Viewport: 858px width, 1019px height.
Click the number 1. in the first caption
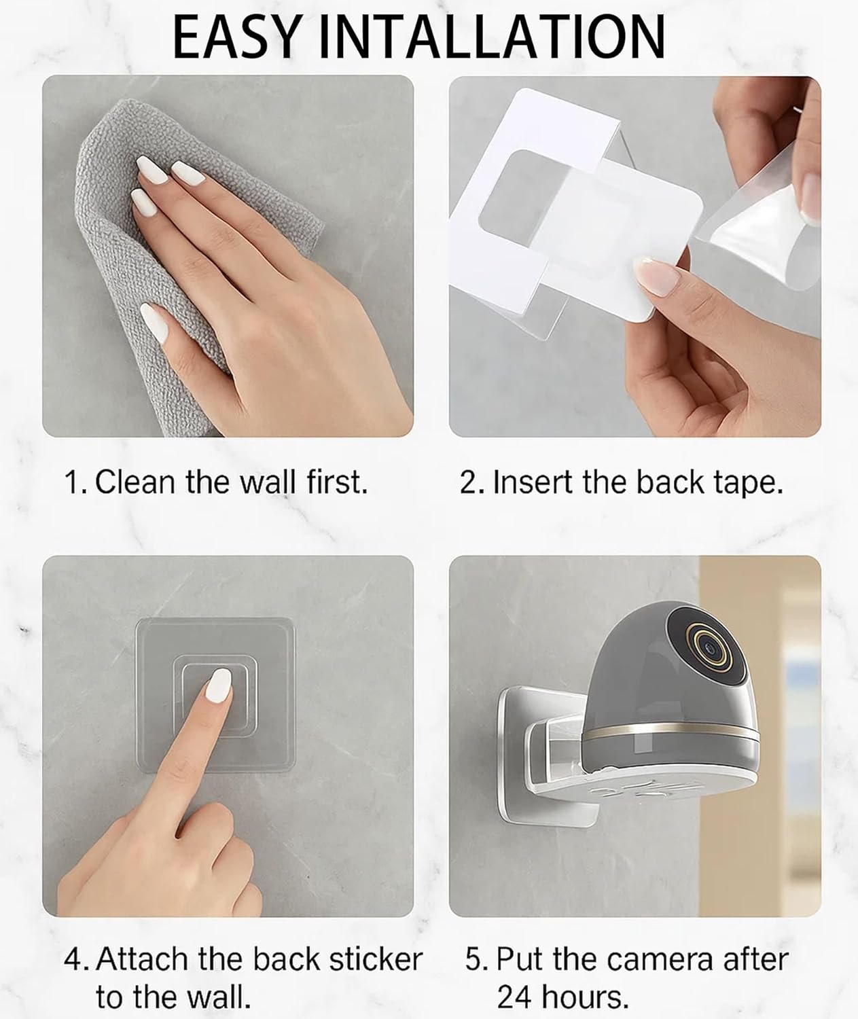click(76, 482)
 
